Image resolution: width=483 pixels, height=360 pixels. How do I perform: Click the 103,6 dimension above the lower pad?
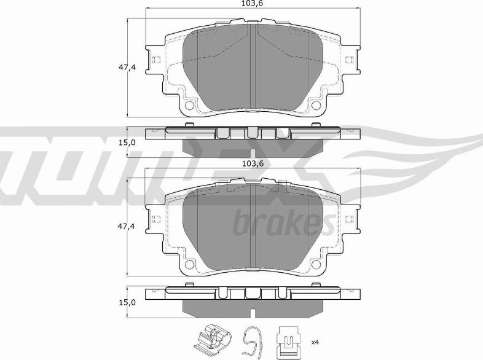(252, 163)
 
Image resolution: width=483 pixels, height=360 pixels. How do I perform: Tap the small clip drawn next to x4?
(287, 341)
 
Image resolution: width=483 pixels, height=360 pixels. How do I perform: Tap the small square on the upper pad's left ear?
(156, 60)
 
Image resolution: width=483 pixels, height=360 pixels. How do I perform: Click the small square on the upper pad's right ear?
(350, 60)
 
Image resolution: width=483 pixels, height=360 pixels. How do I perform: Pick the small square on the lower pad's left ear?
(156, 220)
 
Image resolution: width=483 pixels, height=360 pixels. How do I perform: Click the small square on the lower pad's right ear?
(350, 220)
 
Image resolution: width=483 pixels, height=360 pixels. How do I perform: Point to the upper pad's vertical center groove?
(253, 68)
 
